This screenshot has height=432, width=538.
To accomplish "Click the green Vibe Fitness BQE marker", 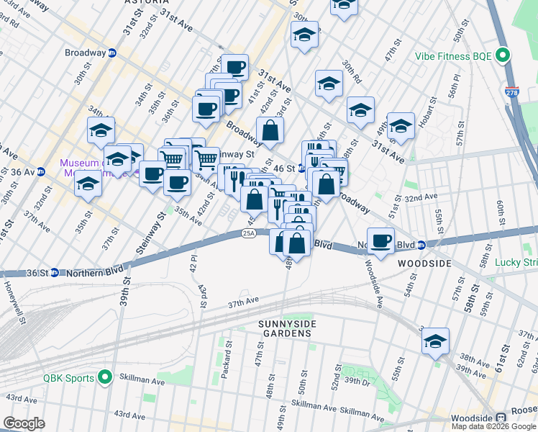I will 504,55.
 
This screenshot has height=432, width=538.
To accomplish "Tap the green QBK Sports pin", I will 106,377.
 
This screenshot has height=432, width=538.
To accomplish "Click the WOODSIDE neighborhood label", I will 425,264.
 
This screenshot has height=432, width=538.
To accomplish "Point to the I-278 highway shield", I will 512,93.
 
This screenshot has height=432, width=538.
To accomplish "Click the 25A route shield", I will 249,233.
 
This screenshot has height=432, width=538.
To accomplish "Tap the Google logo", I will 24,423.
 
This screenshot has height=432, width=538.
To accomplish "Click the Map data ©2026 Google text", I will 493,426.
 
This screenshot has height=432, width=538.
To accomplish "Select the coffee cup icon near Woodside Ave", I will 380,240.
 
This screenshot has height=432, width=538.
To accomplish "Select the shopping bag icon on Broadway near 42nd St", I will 270,131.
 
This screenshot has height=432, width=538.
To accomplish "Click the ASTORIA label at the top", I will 127,3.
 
